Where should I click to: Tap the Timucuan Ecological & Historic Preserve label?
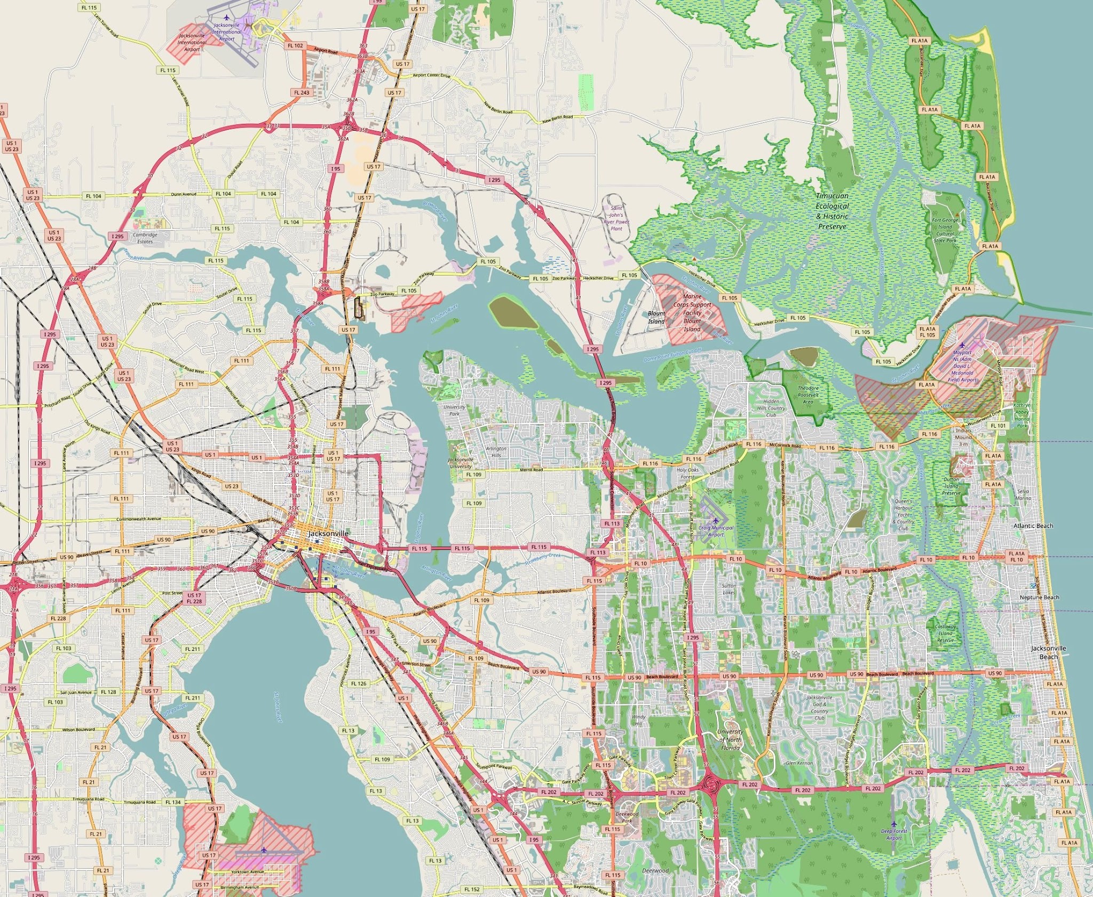coord(831,211)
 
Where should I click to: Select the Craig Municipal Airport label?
coord(716,531)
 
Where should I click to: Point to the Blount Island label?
coord(656,317)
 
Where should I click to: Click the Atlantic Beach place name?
coord(1033,526)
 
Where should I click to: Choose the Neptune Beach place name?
coord(1039,597)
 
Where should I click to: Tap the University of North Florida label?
coord(730,739)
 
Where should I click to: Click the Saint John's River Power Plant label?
coord(616,218)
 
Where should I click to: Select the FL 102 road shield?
coord(295,45)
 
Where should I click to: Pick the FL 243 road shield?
coord(302,92)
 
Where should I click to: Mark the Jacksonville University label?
coord(461,462)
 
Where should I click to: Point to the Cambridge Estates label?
coord(145,238)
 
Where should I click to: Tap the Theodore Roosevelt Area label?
coord(809,395)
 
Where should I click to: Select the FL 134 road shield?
coord(173,802)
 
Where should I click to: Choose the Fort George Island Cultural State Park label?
coord(945,230)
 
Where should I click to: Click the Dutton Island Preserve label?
coord(951,486)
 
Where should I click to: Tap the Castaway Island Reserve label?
coord(945,633)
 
